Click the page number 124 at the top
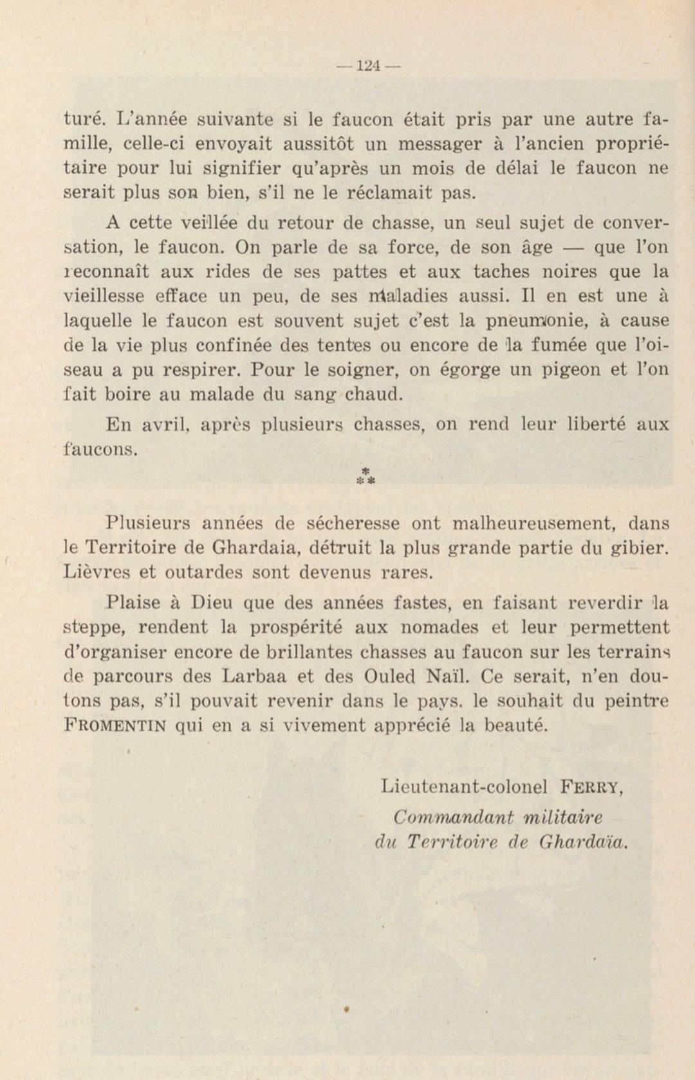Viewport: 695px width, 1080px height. coord(368,66)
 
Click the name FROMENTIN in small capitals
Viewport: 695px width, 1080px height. coord(116,726)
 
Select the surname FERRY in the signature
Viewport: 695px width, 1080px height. coord(591,787)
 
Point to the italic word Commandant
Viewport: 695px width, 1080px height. coord(454,817)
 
